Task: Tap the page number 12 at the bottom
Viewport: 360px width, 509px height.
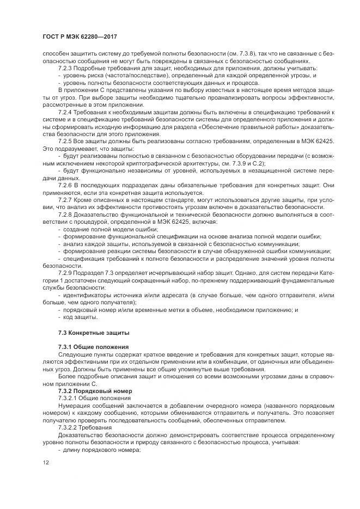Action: coord(45,462)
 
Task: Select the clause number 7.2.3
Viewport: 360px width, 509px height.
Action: coord(66,69)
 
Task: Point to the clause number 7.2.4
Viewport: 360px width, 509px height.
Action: coord(66,112)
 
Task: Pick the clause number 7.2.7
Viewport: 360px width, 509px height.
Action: coord(66,200)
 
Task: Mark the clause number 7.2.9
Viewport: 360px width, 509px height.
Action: coord(66,271)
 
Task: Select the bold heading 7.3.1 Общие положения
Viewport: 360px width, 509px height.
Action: coord(93,346)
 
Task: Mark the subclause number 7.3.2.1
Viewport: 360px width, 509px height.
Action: coord(68,398)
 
